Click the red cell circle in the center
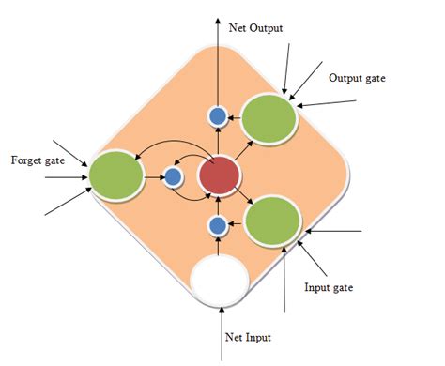[220, 175]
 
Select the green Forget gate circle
[115, 174]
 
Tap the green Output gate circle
[269, 119]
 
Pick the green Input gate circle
[272, 221]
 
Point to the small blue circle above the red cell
[218, 117]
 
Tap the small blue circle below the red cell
[217, 225]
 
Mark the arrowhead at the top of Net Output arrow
[218, 8]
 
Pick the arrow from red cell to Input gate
[248, 196]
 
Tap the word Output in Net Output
[270, 28]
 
